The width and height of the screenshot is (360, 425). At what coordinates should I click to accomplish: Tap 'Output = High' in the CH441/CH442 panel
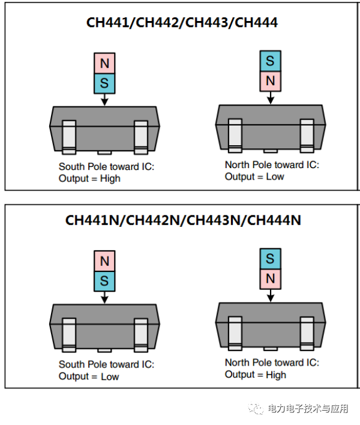(89, 178)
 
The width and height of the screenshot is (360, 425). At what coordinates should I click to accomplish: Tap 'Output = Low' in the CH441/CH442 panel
(254, 176)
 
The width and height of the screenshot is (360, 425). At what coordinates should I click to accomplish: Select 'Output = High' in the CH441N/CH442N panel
(256, 375)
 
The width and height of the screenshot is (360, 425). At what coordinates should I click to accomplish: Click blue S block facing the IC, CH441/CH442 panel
(104, 83)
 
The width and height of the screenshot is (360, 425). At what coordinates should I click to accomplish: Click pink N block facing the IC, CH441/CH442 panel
(271, 80)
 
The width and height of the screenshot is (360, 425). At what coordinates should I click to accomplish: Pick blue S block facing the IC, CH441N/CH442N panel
(104, 280)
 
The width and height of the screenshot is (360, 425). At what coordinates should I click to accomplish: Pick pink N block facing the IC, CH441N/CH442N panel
(271, 279)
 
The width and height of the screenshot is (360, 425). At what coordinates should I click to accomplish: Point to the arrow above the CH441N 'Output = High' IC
(271, 295)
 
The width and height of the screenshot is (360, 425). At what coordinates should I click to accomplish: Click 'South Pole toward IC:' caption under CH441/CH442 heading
(106, 166)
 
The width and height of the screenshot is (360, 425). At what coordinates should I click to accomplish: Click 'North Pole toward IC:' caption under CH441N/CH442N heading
(272, 363)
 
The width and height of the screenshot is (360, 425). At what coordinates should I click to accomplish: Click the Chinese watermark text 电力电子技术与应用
(308, 409)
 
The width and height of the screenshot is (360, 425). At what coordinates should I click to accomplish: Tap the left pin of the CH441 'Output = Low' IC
(235, 135)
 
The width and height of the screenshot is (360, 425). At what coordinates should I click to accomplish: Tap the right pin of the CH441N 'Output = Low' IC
(141, 334)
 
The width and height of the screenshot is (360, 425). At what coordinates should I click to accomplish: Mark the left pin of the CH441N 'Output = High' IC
(235, 333)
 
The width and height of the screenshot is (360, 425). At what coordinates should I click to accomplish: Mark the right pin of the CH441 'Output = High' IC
(141, 137)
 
